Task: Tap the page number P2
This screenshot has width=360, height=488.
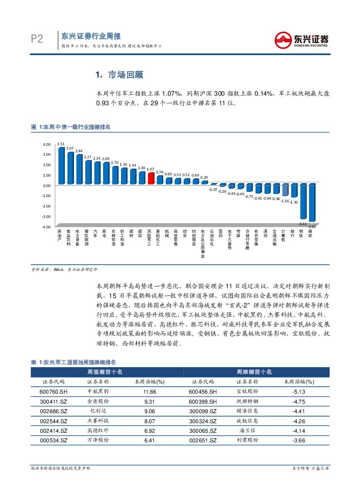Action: coord(37,40)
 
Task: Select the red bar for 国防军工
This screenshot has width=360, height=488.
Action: coord(151,178)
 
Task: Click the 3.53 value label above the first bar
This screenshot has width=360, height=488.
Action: coord(61,144)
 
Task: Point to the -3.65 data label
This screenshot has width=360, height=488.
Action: coord(312,227)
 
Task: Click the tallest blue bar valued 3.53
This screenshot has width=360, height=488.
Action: coord(61,166)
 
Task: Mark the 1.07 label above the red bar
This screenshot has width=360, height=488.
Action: coord(151,169)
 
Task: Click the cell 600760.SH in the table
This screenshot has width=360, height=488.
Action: coord(53,391)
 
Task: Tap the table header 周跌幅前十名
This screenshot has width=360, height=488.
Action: coord(254,372)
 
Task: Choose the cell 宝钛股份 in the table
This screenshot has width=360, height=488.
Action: coord(247,391)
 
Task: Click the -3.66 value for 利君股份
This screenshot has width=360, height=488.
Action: coord(299,440)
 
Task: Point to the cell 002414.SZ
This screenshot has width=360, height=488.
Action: coord(53,431)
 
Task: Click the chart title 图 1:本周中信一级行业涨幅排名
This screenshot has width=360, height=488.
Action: coord(71,127)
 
